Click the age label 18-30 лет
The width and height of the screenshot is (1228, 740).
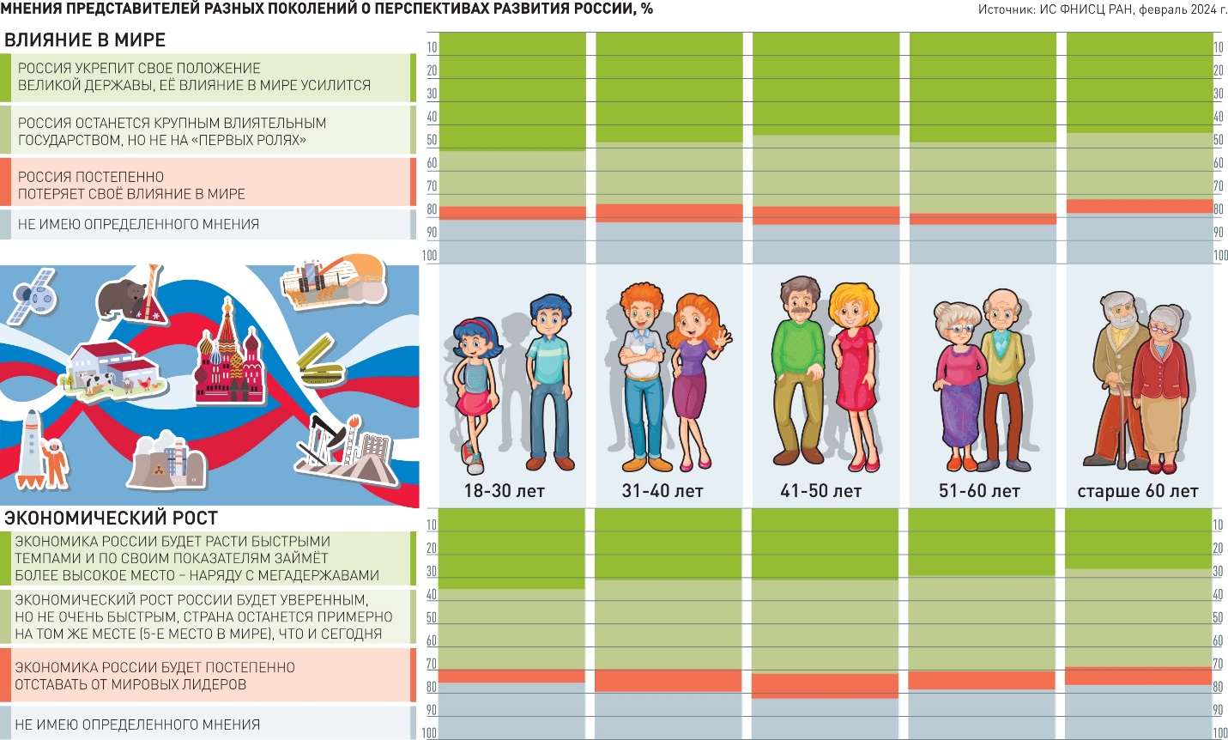tap(504, 492)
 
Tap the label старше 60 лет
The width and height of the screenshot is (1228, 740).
tap(1137, 492)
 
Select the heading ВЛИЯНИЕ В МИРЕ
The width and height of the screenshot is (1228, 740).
tap(85, 39)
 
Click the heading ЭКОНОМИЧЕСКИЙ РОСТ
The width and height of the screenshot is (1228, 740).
tap(111, 518)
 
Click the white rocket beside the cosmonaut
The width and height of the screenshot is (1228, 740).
tap(31, 446)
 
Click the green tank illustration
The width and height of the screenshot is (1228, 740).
tap(322, 366)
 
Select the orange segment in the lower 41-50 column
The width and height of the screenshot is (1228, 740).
tap(825, 686)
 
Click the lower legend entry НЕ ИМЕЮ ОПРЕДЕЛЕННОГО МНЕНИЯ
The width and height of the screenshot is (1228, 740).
tap(137, 725)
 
